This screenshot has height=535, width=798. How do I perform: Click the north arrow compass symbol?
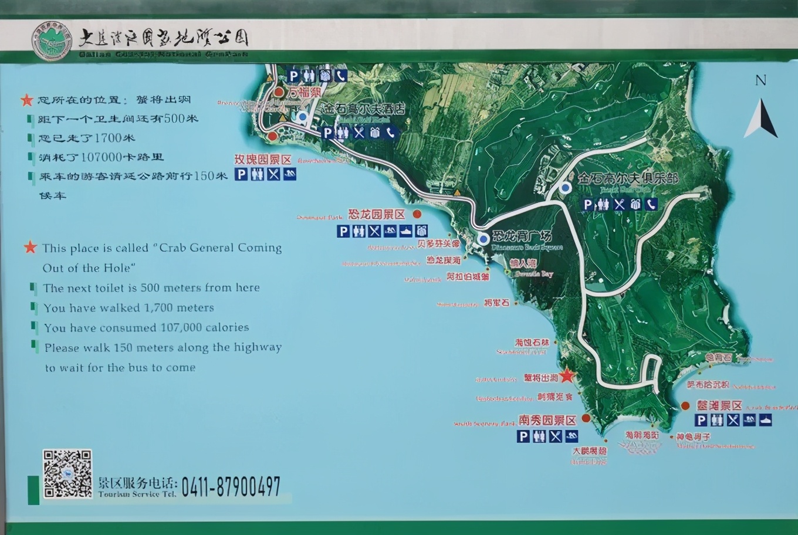(761, 117)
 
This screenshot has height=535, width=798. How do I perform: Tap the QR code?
(67, 474)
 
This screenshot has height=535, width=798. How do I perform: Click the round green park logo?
(52, 41)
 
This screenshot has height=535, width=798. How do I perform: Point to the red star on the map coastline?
(566, 375)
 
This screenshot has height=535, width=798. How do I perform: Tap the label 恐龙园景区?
(377, 215)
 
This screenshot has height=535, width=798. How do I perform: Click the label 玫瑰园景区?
(263, 160)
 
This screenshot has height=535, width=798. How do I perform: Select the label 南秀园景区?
(547, 420)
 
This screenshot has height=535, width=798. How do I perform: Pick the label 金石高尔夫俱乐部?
(628, 178)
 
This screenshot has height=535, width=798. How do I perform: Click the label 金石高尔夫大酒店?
(363, 109)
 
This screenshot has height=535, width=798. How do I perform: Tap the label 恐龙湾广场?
(522, 236)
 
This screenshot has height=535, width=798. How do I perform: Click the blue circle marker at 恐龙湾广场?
(483, 239)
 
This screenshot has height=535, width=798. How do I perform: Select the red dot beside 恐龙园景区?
(417, 214)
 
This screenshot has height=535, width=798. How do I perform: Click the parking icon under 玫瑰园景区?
(241, 174)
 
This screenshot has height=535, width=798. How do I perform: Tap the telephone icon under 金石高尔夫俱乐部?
(650, 204)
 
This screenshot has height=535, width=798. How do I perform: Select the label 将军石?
(497, 303)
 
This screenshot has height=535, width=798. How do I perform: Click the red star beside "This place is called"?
(31, 247)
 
